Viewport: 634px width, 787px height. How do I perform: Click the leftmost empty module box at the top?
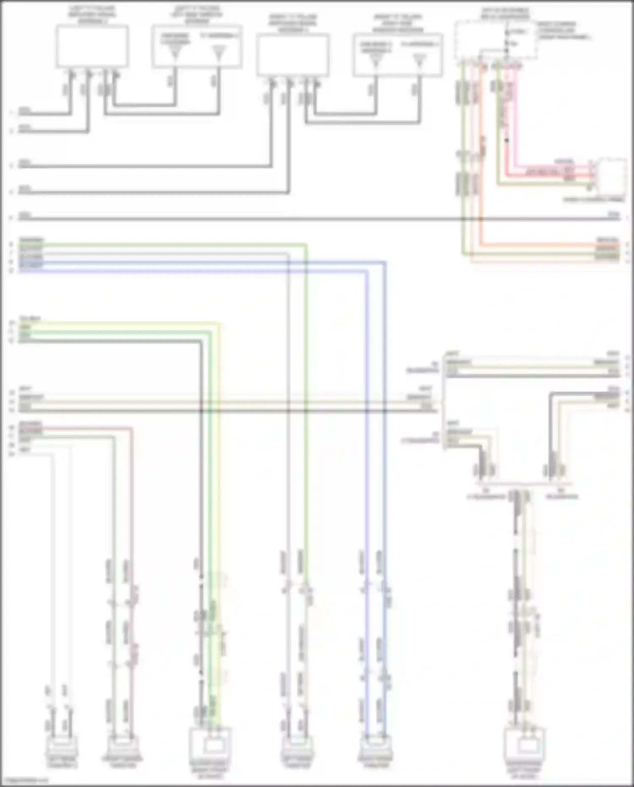92,46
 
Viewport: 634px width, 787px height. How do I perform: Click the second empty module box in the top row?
292,55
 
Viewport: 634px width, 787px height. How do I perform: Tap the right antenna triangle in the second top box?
219,53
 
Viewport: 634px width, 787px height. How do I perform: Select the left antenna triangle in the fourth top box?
376,62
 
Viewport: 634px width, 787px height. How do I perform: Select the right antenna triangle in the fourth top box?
419,61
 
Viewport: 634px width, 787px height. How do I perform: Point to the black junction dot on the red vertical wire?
507,140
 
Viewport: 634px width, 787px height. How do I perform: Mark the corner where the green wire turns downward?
306,244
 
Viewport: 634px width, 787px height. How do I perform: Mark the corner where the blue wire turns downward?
385,263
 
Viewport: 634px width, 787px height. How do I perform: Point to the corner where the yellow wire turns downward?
219,324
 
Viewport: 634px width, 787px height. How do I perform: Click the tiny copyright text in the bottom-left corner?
25,781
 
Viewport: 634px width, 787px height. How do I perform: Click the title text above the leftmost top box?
92,14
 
